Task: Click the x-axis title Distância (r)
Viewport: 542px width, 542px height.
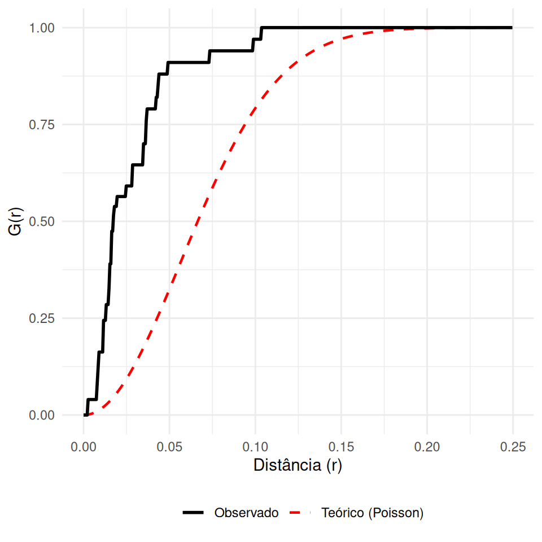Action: click(298, 466)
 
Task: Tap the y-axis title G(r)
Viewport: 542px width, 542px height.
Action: click(17, 221)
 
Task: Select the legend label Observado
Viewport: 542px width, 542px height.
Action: click(246, 513)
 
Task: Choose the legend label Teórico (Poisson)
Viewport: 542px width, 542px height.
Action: click(372, 513)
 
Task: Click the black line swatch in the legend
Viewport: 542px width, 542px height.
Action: click(193, 513)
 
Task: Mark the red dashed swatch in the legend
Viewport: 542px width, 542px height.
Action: click(300, 513)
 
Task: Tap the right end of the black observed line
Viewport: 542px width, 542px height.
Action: click(512, 28)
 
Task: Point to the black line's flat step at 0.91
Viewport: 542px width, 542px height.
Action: click(189, 62)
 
